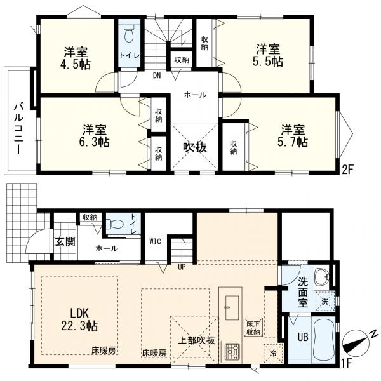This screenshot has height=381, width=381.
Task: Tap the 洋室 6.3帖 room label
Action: [x=94, y=136]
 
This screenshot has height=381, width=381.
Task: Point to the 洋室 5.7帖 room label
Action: [x=293, y=136]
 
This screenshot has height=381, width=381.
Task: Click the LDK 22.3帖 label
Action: [x=80, y=319]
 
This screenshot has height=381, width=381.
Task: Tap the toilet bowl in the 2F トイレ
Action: [x=130, y=34]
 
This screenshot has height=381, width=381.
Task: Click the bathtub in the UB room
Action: [x=323, y=340]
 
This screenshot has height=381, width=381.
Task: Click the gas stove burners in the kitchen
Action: [x=232, y=351]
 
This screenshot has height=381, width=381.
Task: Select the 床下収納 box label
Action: [x=253, y=327]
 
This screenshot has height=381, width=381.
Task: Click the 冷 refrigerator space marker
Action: [x=273, y=354]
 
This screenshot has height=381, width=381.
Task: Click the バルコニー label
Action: [x=18, y=128]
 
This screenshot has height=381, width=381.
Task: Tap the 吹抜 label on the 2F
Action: [x=195, y=147]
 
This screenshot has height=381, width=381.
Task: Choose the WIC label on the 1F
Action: [x=155, y=241]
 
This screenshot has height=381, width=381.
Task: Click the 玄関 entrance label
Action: [x=65, y=242]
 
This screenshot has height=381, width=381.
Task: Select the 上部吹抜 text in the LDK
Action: [x=197, y=340]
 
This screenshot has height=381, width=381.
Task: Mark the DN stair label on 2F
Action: [x=157, y=76]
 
